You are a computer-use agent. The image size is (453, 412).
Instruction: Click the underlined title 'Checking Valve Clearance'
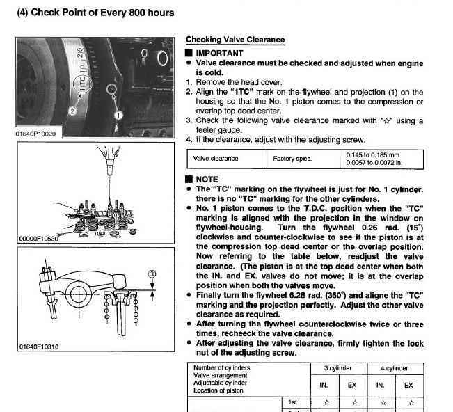tap(235, 40)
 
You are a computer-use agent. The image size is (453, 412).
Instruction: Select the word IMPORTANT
tap(219, 53)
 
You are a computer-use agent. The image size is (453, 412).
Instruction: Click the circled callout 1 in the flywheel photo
tap(118, 113)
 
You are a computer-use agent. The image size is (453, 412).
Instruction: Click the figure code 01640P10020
tap(35, 134)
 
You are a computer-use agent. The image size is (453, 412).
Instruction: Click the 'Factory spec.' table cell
tap(294, 159)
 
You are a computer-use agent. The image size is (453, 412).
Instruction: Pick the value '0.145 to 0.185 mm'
tap(373, 154)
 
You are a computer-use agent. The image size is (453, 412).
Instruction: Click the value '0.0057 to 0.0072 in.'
tap(374, 163)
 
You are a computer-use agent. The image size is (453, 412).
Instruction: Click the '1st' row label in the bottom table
tap(294, 402)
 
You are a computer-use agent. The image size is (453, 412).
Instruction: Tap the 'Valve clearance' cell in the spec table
tap(216, 159)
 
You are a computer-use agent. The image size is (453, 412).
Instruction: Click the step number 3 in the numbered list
tap(189, 120)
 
